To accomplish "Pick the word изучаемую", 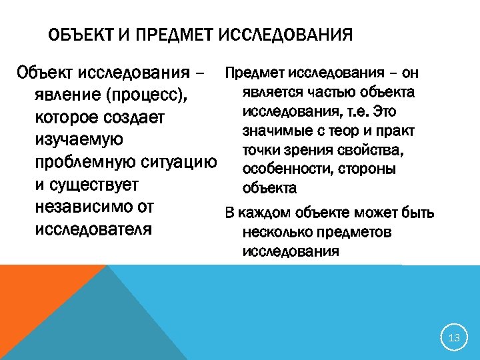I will coord(78,140).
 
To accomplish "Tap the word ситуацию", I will coord(179,163).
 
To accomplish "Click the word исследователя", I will coord(93,230).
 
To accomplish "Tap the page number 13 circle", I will coord(455,338).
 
